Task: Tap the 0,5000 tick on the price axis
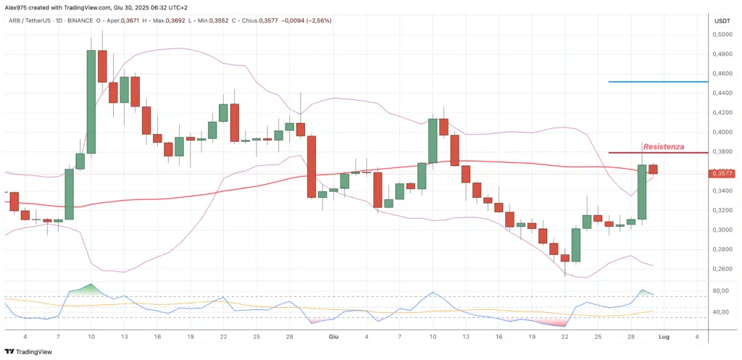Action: point(721,34)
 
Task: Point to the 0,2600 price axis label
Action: point(721,269)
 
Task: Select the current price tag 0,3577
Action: point(723,173)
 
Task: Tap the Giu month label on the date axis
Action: point(334,338)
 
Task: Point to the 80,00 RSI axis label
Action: point(721,291)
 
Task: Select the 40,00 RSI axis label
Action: point(721,312)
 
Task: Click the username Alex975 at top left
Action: point(17,6)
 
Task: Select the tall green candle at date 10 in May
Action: point(91,101)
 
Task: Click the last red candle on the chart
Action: point(653,169)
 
